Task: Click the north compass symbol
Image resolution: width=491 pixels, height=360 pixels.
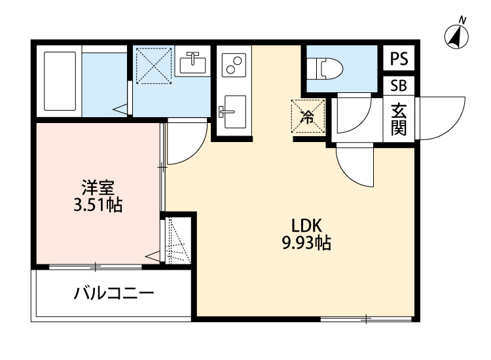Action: click(x=456, y=35)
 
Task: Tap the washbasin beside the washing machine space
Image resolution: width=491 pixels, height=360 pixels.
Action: click(x=192, y=63)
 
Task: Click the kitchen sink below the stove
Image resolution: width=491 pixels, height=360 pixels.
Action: click(x=232, y=111)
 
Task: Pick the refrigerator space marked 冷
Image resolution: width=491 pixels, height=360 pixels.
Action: click(x=308, y=117)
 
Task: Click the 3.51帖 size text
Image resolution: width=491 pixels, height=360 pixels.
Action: click(x=98, y=206)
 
